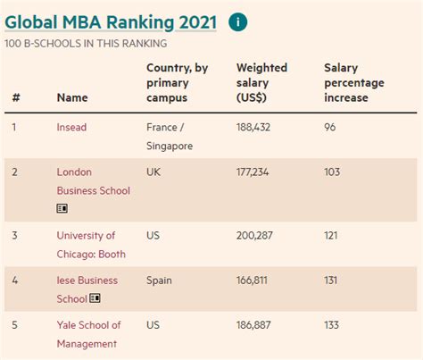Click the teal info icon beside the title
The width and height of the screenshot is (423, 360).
click(x=238, y=22)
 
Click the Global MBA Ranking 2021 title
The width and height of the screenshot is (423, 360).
click(x=111, y=21)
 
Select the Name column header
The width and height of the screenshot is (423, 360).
click(x=71, y=98)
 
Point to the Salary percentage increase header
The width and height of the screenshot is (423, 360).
click(x=354, y=82)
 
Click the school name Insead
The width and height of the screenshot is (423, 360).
click(x=71, y=128)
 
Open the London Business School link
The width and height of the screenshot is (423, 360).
click(x=93, y=181)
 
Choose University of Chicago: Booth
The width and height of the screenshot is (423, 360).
click(x=91, y=245)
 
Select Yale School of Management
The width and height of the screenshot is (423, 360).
click(x=89, y=334)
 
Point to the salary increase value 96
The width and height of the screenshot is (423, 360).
click(x=330, y=128)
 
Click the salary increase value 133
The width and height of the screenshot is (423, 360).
click(x=332, y=325)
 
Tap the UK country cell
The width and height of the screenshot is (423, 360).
click(x=154, y=172)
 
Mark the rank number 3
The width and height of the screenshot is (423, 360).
click(x=14, y=236)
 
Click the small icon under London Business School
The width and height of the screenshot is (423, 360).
click(x=62, y=208)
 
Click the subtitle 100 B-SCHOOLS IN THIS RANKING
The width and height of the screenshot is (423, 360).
click(x=86, y=43)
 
